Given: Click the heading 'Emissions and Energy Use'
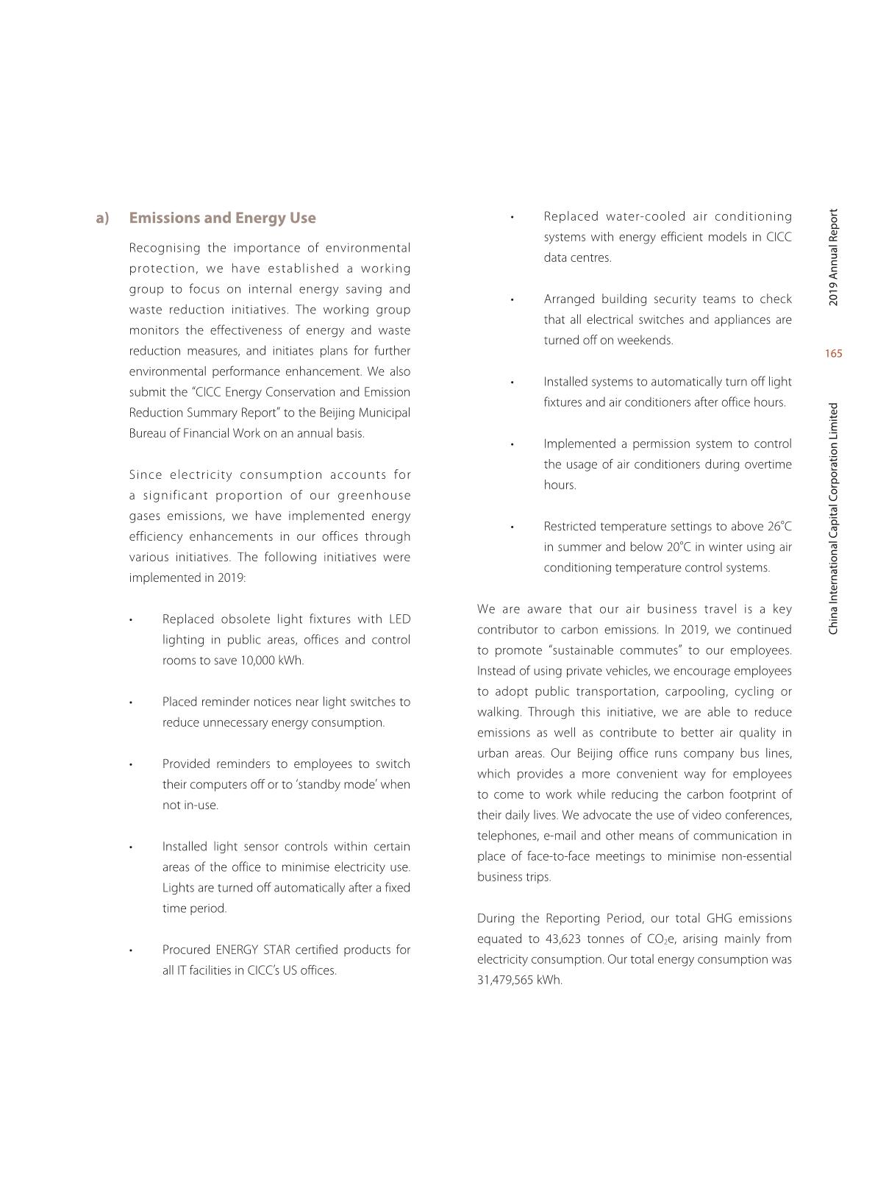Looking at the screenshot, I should tap(222, 218).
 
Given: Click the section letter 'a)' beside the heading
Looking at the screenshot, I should tap(102, 218).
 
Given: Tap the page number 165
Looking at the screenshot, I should tap(833, 354).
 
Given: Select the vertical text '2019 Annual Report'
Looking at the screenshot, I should tap(833, 257).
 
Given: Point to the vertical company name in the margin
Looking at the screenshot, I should tap(833, 519).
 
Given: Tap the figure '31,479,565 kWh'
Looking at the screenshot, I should tap(519, 980).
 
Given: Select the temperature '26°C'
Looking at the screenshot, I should tap(779, 527).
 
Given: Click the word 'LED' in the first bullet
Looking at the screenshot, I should tap(399, 619).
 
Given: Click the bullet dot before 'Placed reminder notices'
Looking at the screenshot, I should tap(130, 703).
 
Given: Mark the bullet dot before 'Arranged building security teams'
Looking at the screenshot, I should tap(512, 299).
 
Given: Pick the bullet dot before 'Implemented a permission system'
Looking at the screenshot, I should tap(512, 444).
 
